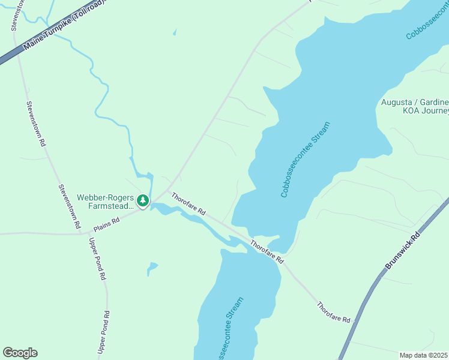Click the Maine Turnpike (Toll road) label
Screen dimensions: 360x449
pyautogui.click(x=63, y=27)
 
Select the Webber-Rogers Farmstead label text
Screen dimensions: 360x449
pyautogui.click(x=104, y=202)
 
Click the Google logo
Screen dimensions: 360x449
pyautogui.click(x=20, y=353)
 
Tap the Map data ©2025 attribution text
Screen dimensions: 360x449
pyautogui.click(x=424, y=355)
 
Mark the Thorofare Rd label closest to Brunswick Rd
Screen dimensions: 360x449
pyautogui.click(x=334, y=313)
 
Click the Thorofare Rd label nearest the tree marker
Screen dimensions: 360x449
pyautogui.click(x=189, y=204)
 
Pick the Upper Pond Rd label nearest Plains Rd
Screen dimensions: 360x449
pyautogui.click(x=97, y=260)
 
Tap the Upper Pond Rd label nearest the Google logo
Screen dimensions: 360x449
pyautogui.click(x=104, y=331)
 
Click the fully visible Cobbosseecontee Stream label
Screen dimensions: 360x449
pyautogui.click(x=306, y=160)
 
